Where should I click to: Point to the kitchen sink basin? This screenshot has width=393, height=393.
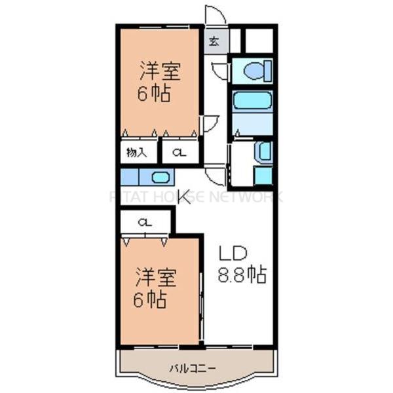point(160,177)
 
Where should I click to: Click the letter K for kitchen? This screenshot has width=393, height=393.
point(185,197)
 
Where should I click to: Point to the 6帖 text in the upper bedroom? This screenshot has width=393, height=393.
point(153,94)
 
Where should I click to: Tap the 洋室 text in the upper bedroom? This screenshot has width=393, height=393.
point(158,70)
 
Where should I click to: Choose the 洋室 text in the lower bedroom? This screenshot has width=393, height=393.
point(156,277)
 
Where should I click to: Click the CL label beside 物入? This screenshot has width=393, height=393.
point(179,153)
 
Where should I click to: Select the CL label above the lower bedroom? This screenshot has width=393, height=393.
point(145,223)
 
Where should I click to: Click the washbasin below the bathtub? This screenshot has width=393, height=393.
point(263,151)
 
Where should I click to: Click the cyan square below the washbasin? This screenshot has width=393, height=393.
point(263,175)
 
